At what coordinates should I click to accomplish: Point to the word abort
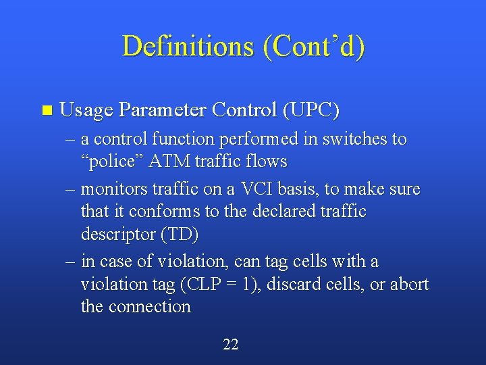click(x=409, y=285)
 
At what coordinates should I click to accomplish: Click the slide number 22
click(x=230, y=345)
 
